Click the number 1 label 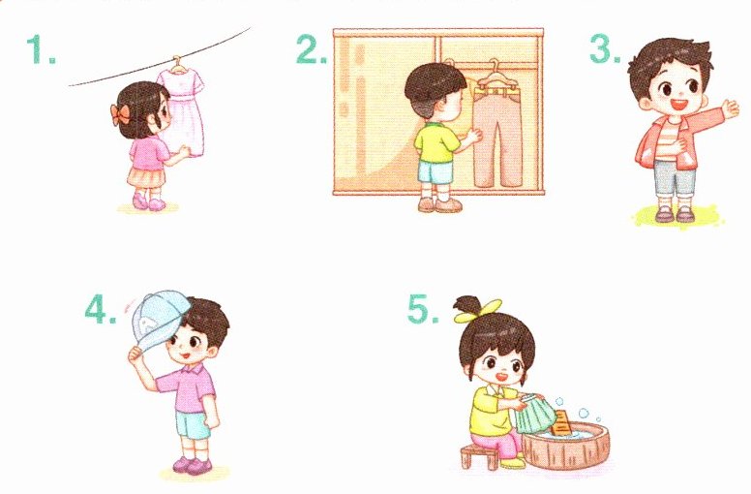[x=41, y=49]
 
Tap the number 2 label [x=312, y=49]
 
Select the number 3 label [x=605, y=49]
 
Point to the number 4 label [x=100, y=309]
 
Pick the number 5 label [x=423, y=309]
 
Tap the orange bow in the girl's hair [x=120, y=115]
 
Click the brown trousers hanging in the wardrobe [x=497, y=135]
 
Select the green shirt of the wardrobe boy [x=436, y=142]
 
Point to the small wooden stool [x=479, y=456]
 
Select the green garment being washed [x=535, y=414]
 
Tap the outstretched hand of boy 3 [x=730, y=109]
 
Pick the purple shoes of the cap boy [x=193, y=465]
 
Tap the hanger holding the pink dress [x=178, y=66]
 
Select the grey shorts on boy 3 [x=675, y=178]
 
